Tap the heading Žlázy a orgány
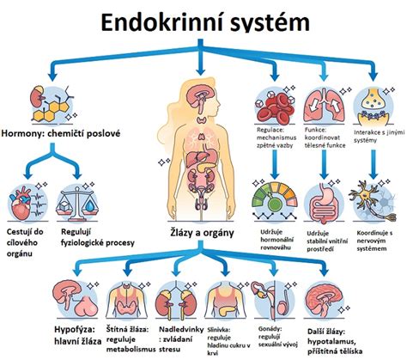click(x=202, y=233)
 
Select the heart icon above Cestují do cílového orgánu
click(x=21, y=203)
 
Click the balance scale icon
click(x=77, y=202)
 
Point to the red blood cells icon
click(x=276, y=106)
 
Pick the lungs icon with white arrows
click(x=325, y=106)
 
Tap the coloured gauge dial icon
click(x=275, y=198)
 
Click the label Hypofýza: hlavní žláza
click(x=78, y=335)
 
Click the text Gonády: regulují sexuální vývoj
click(x=278, y=337)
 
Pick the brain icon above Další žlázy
click(x=323, y=300)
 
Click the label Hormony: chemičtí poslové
click(x=61, y=133)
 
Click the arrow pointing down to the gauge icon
click(x=275, y=165)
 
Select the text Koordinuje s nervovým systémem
click(x=374, y=241)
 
